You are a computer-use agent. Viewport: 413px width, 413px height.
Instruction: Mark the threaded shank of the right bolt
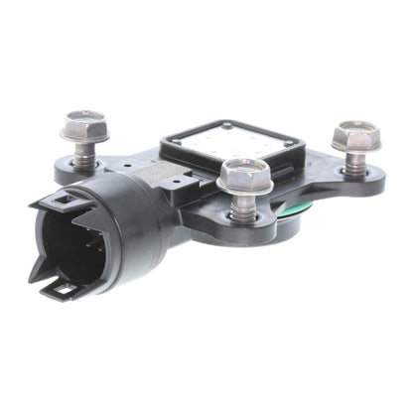(x=354, y=160)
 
